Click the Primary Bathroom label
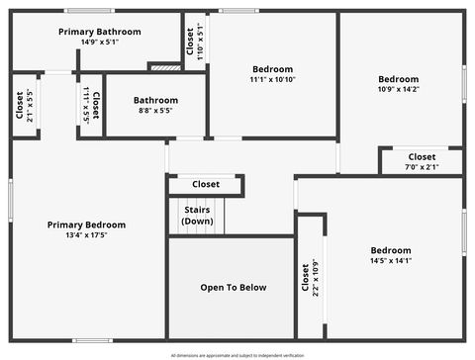(x=99, y=32)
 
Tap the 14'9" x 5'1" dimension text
(x=99, y=43)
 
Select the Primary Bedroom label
(x=86, y=225)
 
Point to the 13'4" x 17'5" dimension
(x=86, y=235)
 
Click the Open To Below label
(x=233, y=288)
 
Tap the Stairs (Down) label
(x=197, y=215)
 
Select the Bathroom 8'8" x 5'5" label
(x=155, y=100)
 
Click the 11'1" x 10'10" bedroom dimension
(x=272, y=79)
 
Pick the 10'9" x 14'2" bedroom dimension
(x=399, y=89)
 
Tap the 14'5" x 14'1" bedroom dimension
(x=390, y=261)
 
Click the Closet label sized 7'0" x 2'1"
(x=422, y=157)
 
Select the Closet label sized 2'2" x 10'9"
(x=304, y=278)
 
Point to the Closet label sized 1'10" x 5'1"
(x=190, y=41)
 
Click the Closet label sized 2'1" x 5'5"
(x=20, y=105)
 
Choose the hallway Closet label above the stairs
(x=206, y=184)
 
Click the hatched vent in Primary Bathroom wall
(x=164, y=67)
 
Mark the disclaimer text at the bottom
(x=237, y=354)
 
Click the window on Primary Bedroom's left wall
(x=11, y=201)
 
